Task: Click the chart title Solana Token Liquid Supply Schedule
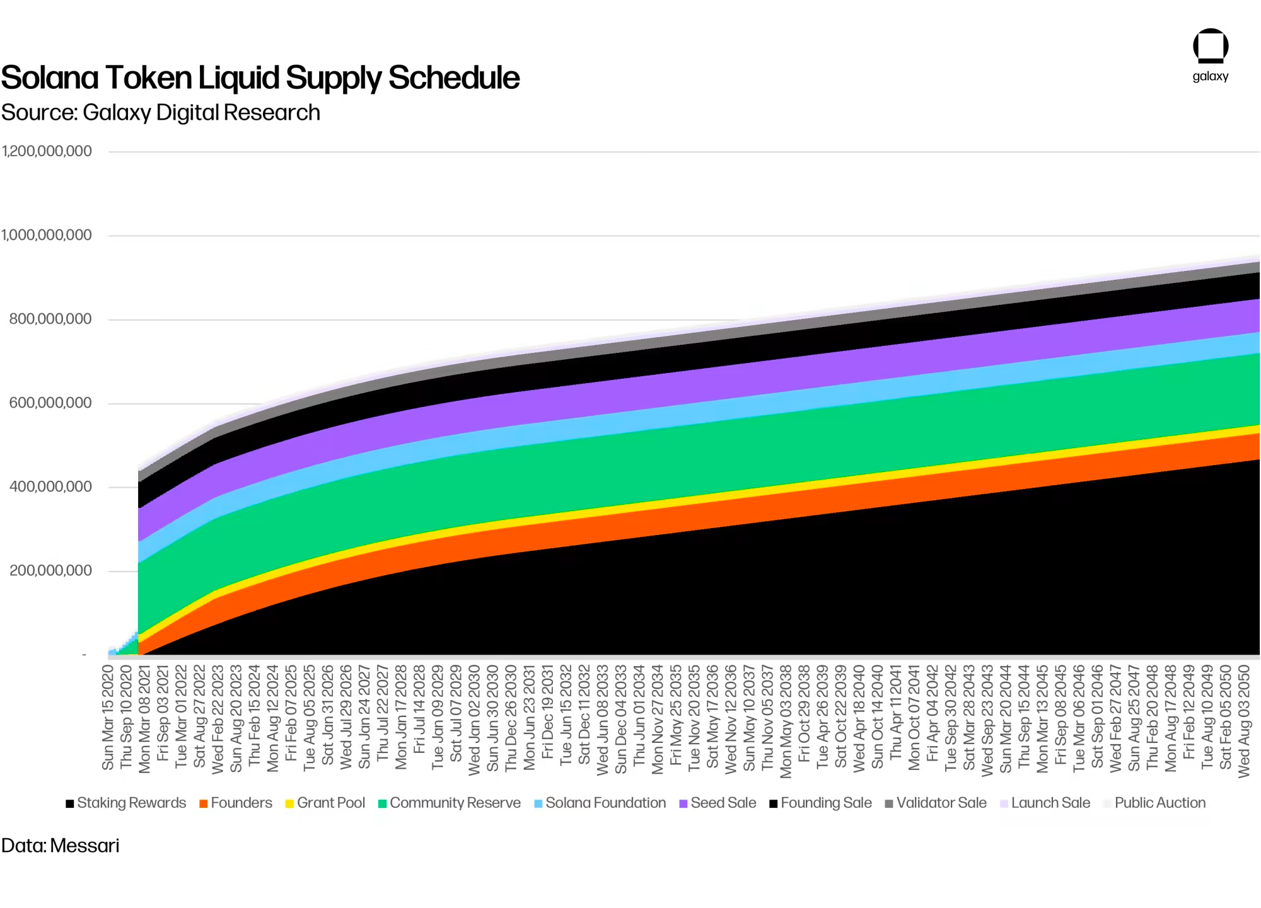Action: (x=260, y=78)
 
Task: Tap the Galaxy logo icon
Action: (x=1210, y=46)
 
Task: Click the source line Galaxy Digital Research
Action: (x=161, y=113)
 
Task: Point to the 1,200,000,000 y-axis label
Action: (x=47, y=151)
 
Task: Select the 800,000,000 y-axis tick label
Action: (x=50, y=319)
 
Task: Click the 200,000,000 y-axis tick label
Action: (x=50, y=570)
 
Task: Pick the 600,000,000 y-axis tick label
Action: (x=50, y=403)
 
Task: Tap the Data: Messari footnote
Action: (x=61, y=846)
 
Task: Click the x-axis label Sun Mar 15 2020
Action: (x=108, y=717)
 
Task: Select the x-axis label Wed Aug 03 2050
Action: (x=1244, y=721)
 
